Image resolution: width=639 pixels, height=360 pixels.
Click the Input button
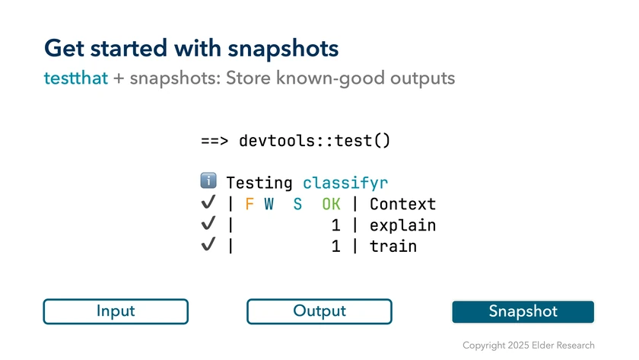[x=116, y=311]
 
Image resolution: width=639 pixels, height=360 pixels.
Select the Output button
[x=319, y=311]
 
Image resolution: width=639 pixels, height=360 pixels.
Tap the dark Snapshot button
[x=523, y=311]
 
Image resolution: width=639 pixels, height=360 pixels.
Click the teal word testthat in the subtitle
[x=76, y=78]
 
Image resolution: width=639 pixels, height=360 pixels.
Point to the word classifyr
[x=345, y=183]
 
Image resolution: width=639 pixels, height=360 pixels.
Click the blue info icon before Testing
[x=208, y=180]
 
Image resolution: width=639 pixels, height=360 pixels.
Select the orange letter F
[x=250, y=204]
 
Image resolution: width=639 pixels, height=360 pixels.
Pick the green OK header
[x=331, y=204]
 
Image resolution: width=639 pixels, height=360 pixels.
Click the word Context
[x=402, y=204]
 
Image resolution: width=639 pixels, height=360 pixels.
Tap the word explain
[x=402, y=225]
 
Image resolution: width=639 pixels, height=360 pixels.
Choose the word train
[x=393, y=247]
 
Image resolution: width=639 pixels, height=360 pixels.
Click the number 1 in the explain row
[x=335, y=225]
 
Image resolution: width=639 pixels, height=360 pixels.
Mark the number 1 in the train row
[x=335, y=247]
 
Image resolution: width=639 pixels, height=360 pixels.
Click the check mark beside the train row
[x=208, y=244]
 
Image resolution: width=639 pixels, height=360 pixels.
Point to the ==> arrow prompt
[x=215, y=141]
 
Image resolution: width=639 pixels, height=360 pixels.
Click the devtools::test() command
[x=315, y=141]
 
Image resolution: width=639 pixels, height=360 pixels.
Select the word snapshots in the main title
[x=283, y=49]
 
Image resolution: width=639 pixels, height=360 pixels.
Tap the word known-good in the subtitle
[x=330, y=78]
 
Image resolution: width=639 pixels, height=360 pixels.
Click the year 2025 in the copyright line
[x=518, y=346]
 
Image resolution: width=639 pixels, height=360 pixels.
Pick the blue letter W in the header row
[x=269, y=204]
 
